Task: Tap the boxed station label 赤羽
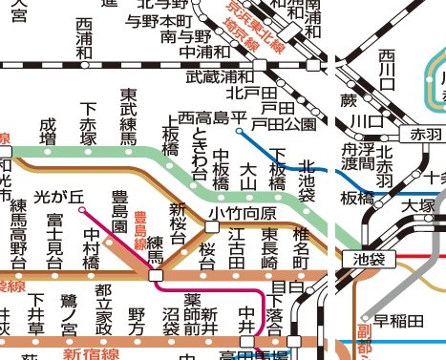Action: (x=421, y=134)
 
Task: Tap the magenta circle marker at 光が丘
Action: (x=83, y=208)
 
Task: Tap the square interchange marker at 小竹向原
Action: (x=211, y=226)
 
